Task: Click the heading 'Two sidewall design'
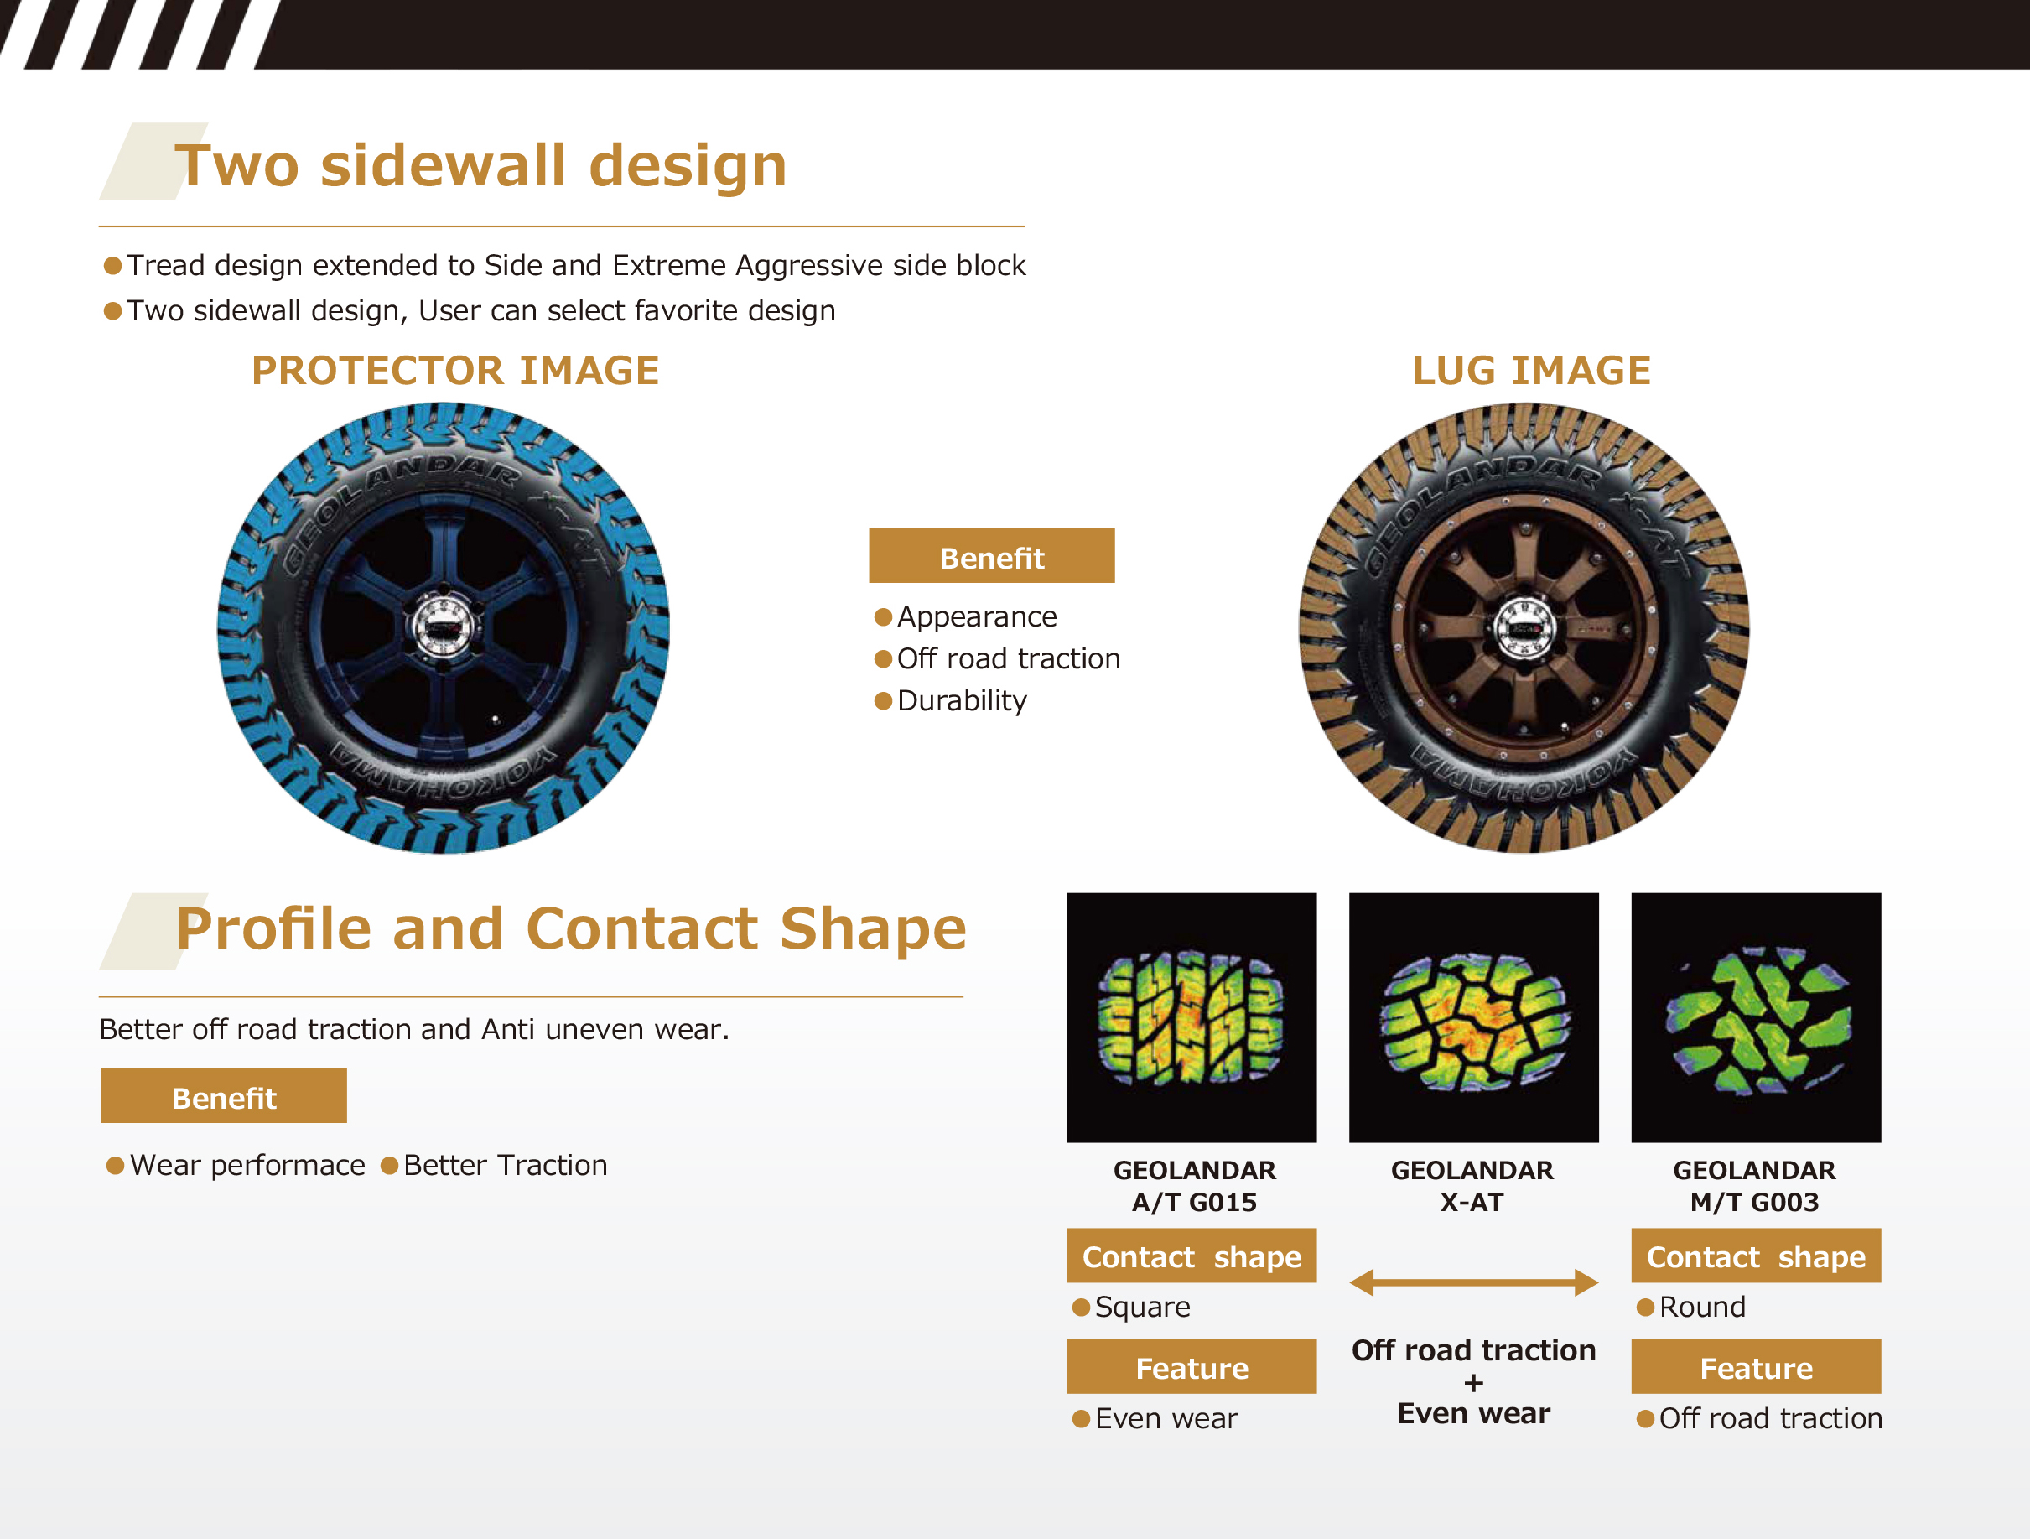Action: pyautogui.click(x=481, y=166)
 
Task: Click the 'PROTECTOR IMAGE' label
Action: pyautogui.click(x=455, y=371)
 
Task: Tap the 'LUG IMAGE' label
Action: pyautogui.click(x=1532, y=371)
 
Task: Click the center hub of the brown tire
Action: pyautogui.click(x=1524, y=627)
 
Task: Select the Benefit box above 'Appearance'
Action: pyautogui.click(x=992, y=555)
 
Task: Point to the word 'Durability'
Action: pyautogui.click(x=962, y=701)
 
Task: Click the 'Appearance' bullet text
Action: pyautogui.click(x=977, y=616)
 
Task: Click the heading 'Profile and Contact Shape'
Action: pyautogui.click(x=571, y=928)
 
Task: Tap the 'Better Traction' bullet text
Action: pyautogui.click(x=505, y=1166)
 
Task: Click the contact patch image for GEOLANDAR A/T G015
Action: pyautogui.click(x=1192, y=1017)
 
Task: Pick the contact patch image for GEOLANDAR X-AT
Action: pyautogui.click(x=1474, y=1017)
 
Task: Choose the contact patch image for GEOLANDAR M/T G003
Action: pyautogui.click(x=1756, y=1017)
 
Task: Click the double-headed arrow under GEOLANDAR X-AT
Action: pyautogui.click(x=1474, y=1282)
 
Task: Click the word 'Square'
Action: pyautogui.click(x=1143, y=1307)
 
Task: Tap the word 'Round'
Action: pyautogui.click(x=1702, y=1307)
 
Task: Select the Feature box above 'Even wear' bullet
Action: pyautogui.click(x=1192, y=1366)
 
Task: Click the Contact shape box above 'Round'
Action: pyautogui.click(x=1756, y=1256)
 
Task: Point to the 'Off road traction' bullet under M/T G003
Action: pyautogui.click(x=1770, y=1419)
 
